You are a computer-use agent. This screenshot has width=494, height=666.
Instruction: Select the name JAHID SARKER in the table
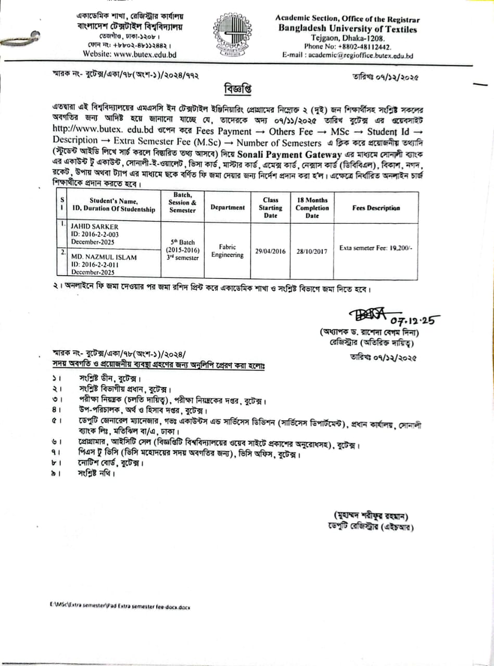[95, 227]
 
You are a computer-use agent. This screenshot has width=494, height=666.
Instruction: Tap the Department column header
[227, 207]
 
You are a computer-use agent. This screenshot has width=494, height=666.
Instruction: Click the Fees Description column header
[376, 208]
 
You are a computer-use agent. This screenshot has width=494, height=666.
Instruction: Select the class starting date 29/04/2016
[270, 251]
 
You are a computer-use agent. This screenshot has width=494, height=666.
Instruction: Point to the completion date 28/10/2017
[312, 251]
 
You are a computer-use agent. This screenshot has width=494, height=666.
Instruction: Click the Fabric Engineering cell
[227, 251]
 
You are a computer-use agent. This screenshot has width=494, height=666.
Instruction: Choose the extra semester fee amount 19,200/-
[399, 248]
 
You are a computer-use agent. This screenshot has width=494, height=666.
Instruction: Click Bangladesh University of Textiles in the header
[347, 29]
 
